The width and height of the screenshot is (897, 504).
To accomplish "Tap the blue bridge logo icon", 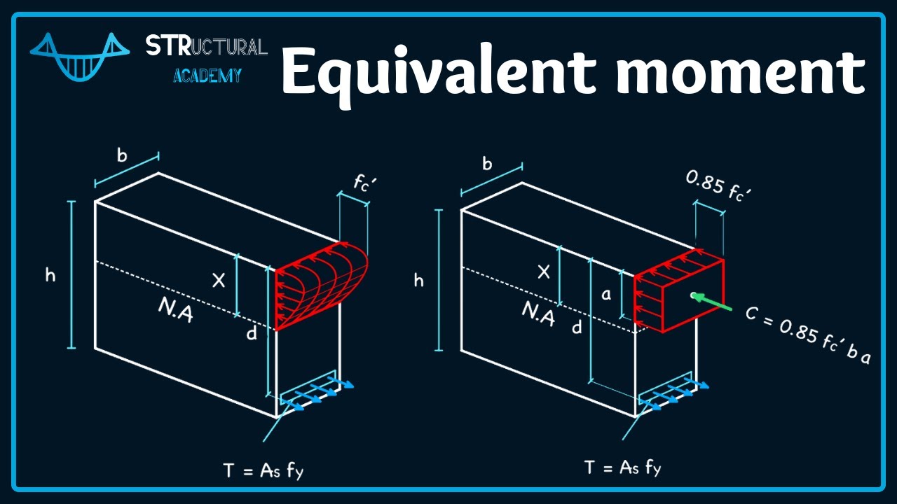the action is pyautogui.click(x=80, y=57).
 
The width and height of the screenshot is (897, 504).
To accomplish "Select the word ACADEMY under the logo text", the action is pyautogui.click(x=207, y=75).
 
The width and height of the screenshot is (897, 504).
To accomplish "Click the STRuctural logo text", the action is pyautogui.click(x=207, y=46).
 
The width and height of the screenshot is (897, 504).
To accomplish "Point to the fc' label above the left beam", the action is pyautogui.click(x=365, y=183).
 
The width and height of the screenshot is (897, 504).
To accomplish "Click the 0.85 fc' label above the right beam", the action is pyautogui.click(x=718, y=185).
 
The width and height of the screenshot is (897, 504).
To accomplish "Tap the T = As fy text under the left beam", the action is pyautogui.click(x=263, y=470).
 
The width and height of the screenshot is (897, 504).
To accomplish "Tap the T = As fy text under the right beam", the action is pyautogui.click(x=623, y=467).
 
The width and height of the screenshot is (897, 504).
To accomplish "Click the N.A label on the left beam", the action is pyautogui.click(x=175, y=311).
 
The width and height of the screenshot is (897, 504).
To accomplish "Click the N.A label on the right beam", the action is pyautogui.click(x=538, y=314).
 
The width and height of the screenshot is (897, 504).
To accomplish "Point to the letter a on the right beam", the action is pyautogui.click(x=607, y=295).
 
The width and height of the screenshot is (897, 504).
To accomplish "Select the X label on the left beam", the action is pyautogui.click(x=219, y=281).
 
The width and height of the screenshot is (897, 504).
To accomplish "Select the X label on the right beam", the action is pyautogui.click(x=543, y=272).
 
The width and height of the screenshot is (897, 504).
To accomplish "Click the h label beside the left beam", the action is pyautogui.click(x=50, y=275).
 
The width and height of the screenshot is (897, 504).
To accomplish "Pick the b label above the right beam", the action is pyautogui.click(x=487, y=164).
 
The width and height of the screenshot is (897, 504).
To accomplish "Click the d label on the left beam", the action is pyautogui.click(x=252, y=332).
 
